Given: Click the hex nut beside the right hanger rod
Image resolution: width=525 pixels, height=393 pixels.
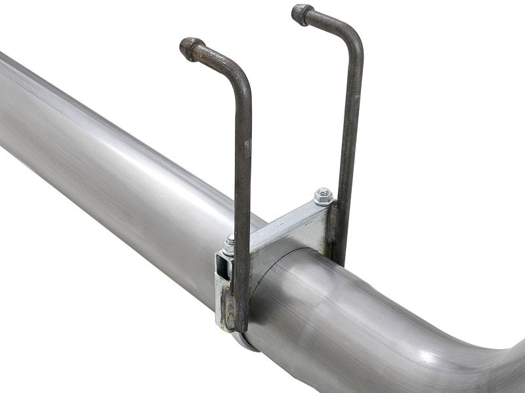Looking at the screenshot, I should [x=323, y=196].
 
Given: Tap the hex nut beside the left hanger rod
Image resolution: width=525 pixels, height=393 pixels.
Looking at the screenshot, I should [x=229, y=244].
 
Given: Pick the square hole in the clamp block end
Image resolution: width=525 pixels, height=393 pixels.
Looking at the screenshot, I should [x=224, y=268].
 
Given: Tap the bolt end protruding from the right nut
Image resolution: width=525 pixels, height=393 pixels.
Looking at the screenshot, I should [x=323, y=191].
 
